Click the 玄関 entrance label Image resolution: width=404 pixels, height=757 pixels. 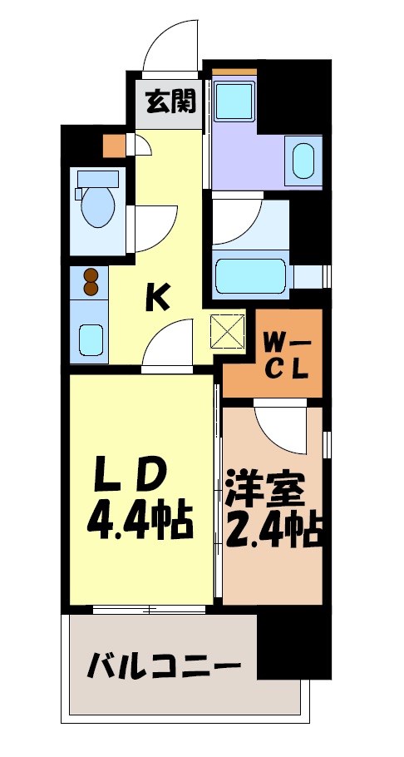(170, 102)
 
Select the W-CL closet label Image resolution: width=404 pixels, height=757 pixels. (287, 355)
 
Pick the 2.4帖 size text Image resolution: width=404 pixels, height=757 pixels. (273, 530)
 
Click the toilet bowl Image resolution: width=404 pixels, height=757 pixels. (96, 206)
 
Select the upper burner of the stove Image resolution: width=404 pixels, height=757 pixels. (90, 275)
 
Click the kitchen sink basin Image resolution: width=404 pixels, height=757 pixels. (91, 339)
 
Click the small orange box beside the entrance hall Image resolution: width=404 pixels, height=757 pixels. (113, 145)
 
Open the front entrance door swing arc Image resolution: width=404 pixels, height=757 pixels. (170, 42)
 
